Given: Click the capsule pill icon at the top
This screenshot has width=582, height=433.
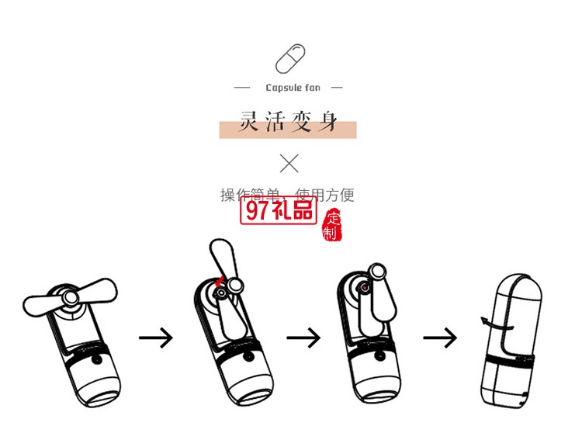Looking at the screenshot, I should pyautogui.click(x=290, y=59).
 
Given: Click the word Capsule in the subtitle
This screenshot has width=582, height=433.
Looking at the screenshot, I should pyautogui.click(x=281, y=88).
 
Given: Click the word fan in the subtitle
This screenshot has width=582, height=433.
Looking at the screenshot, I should pyautogui.click(x=311, y=88).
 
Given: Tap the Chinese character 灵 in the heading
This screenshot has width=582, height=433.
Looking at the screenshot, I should pyautogui.click(x=248, y=122).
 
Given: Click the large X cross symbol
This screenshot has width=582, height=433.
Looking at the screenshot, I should pyautogui.click(x=289, y=163).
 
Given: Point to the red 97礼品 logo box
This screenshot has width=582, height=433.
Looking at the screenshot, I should pyautogui.click(x=279, y=210).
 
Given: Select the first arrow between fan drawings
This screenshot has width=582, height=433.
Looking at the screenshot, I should pyautogui.click(x=156, y=338).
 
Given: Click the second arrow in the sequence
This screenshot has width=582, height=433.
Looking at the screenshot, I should pyautogui.click(x=303, y=338).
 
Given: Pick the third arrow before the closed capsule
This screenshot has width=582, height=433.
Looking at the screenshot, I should pyautogui.click(x=440, y=338).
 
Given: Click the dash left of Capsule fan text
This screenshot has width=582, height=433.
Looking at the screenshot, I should pyautogui.click(x=242, y=88).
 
